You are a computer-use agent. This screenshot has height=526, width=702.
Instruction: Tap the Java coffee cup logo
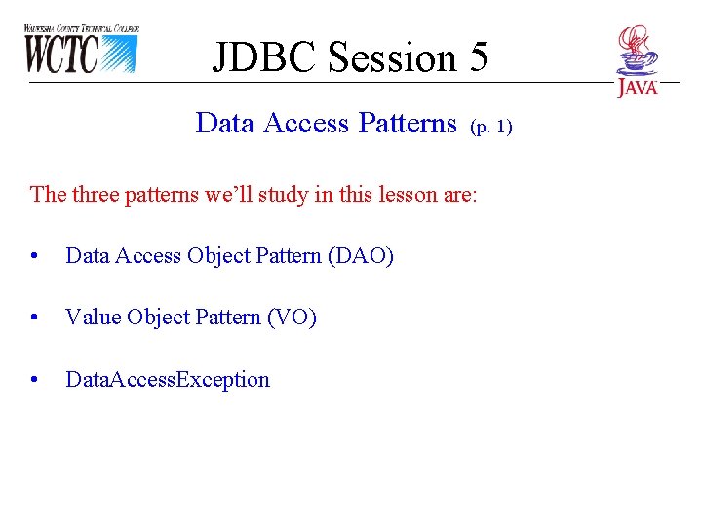638,60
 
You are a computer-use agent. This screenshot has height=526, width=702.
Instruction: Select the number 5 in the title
478,57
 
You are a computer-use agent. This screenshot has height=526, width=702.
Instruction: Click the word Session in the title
393,57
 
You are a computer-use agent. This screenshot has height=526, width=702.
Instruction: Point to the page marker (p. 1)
490,127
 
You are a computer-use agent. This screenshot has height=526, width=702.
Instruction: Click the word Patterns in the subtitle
408,124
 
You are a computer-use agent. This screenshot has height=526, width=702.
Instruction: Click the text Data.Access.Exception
167,380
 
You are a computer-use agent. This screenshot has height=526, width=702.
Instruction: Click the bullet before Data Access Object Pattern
35,257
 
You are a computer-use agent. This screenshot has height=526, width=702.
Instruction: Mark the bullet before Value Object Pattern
35,319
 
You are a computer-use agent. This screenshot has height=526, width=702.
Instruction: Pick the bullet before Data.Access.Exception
35,380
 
